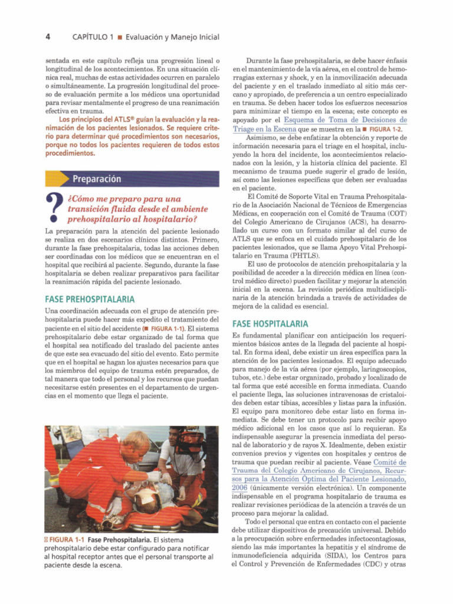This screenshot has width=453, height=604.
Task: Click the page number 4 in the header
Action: pos(48,37)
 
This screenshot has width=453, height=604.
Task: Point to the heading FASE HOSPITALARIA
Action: pos(270,324)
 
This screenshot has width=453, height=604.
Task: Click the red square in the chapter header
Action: pos(119,38)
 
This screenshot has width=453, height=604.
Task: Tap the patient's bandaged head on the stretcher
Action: pos(146,502)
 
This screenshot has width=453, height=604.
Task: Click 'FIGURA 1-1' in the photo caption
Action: pos(66,540)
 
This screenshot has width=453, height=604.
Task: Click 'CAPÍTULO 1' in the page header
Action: pos(93,37)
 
